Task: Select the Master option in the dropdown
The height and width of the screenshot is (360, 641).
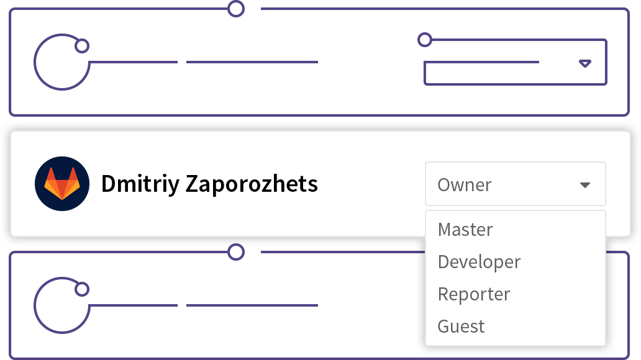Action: (465, 230)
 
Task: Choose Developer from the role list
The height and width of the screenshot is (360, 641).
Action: (479, 262)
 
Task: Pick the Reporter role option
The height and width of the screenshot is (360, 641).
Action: (474, 294)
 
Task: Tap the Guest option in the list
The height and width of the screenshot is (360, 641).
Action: (461, 326)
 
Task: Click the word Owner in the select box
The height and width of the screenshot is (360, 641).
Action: (465, 185)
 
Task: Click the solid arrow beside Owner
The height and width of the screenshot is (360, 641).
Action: (585, 185)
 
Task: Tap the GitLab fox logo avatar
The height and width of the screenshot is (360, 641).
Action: (62, 184)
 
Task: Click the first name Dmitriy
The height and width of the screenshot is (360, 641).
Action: (140, 184)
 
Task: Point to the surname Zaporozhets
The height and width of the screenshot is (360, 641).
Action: (252, 184)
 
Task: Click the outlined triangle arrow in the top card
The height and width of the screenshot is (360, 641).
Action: (585, 63)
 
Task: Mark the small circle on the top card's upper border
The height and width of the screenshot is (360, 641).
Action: (236, 9)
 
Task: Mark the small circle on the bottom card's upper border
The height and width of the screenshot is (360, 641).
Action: (236, 252)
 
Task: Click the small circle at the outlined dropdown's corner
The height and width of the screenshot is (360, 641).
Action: (425, 40)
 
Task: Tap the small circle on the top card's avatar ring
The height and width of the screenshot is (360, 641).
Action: (82, 46)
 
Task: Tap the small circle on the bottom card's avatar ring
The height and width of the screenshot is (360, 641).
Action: (82, 289)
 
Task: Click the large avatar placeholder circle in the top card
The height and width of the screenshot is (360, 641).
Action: (35, 62)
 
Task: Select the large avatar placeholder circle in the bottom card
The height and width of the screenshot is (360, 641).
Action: (35, 305)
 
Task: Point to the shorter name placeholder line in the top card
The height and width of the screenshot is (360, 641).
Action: (134, 62)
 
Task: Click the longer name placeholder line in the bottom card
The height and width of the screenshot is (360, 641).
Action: (252, 305)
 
